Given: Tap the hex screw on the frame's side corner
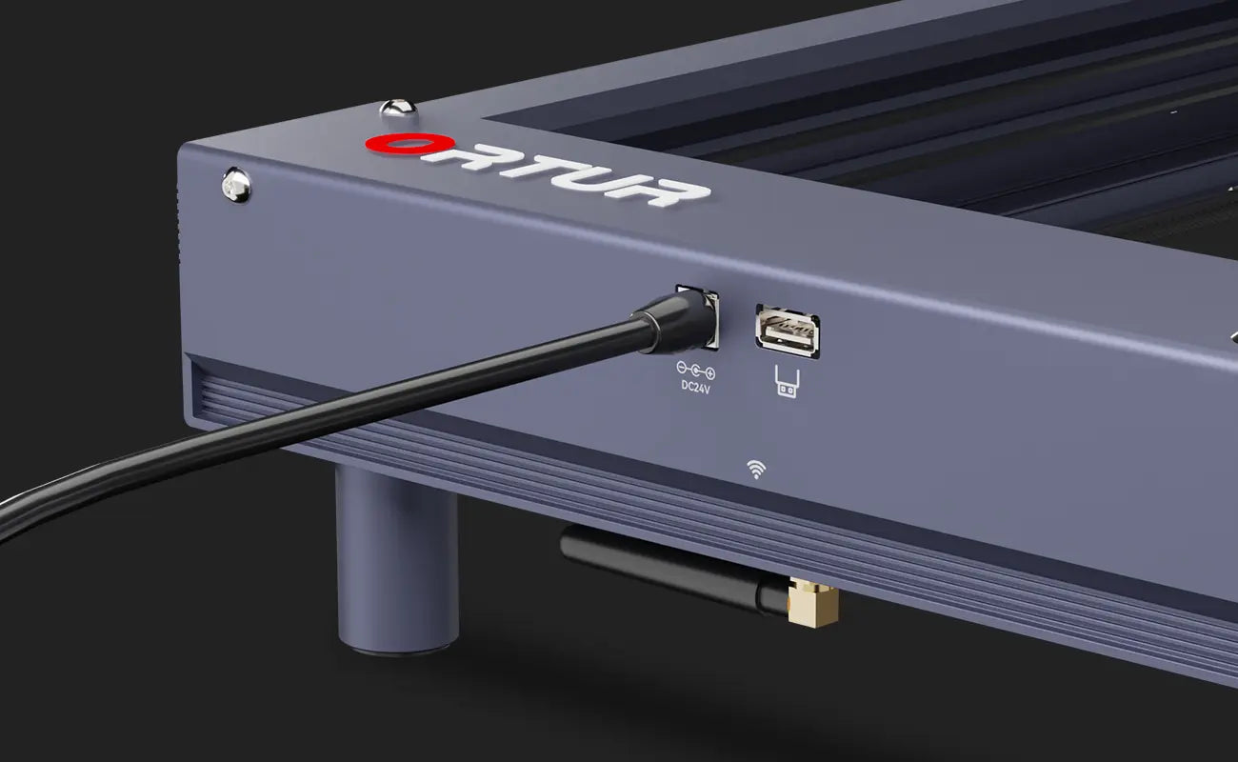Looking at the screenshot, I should [235, 184].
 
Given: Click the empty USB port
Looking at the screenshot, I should [789, 332].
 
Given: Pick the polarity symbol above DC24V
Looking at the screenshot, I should [696, 370].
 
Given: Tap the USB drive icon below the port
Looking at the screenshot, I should [787, 383].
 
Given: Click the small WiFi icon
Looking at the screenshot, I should [756, 469].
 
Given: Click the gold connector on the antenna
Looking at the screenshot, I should [814, 605].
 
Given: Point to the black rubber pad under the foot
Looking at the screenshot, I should [398, 651].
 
